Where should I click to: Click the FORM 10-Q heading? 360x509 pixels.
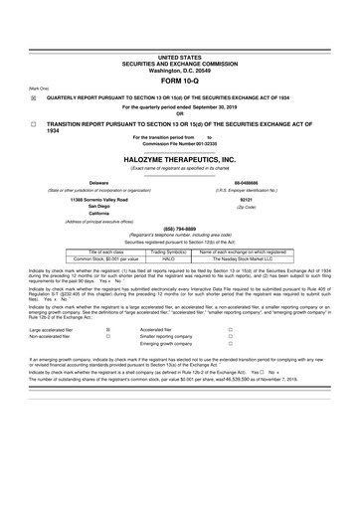(179, 81)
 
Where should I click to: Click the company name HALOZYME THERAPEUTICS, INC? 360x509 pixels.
(179, 159)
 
